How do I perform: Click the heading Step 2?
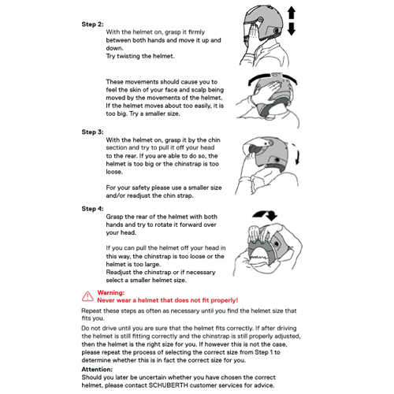point(92,24)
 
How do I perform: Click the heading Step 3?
point(92,132)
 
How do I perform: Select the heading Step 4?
point(92,209)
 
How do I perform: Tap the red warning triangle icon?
point(87,296)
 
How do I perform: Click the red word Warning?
point(111,292)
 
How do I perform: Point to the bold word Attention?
point(97,370)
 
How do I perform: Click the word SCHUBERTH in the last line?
point(169,385)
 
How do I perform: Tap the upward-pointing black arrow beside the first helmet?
point(292,13)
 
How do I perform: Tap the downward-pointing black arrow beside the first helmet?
point(292,29)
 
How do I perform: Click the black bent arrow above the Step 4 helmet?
point(266,215)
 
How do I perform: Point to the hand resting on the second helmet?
point(266,91)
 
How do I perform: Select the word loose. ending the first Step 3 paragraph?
point(114,172)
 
